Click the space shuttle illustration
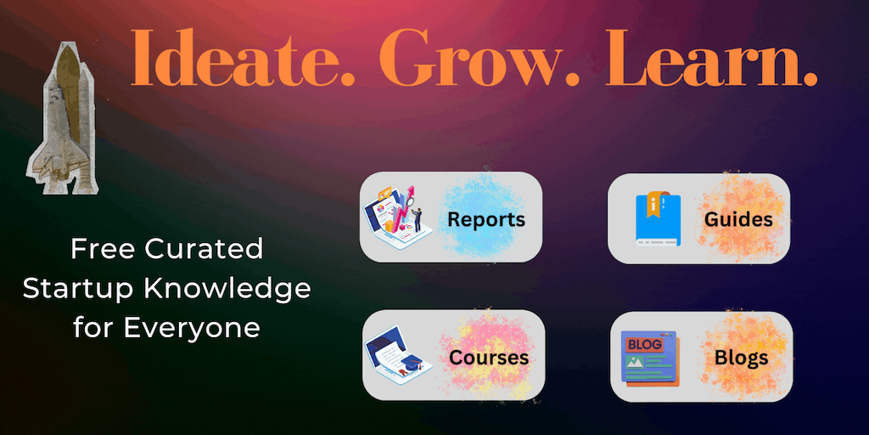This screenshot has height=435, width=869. point(61,118)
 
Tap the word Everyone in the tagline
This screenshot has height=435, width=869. point(192,328)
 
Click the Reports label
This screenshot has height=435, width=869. point(486,220)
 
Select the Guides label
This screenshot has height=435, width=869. point(738,220)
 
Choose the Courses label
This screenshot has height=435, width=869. point(489,358)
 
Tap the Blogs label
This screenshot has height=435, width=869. point(742,358)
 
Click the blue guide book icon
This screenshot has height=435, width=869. point(658,218)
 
